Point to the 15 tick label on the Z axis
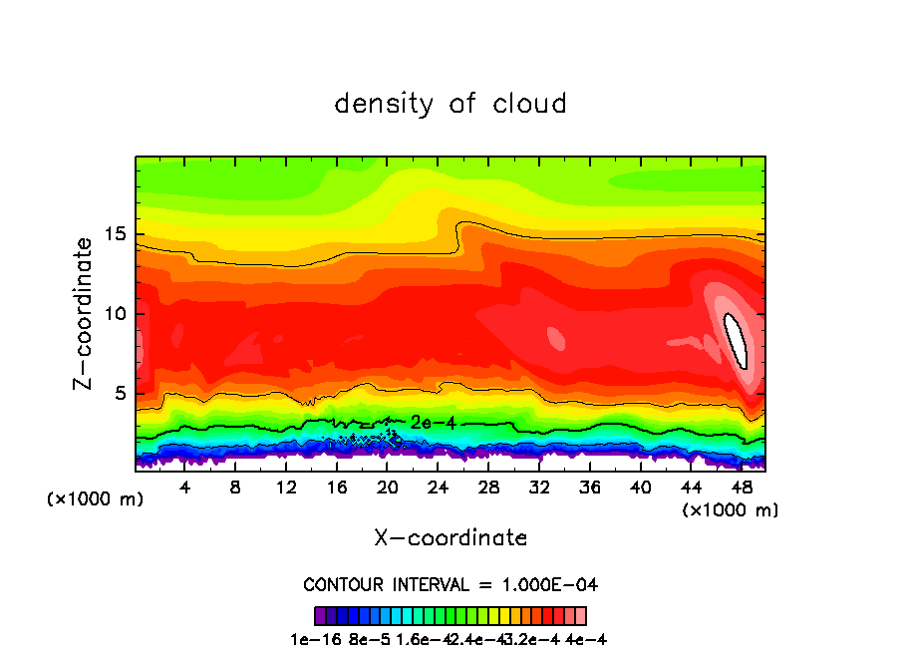pyautogui.click(x=117, y=234)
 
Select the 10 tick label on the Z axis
pyautogui.click(x=117, y=314)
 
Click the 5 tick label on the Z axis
pyautogui.click(x=123, y=394)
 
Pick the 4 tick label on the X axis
pyautogui.click(x=184, y=488)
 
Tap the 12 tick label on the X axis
pyautogui.click(x=286, y=488)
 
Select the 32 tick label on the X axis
pyautogui.click(x=539, y=488)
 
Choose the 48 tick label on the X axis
pyautogui.click(x=742, y=488)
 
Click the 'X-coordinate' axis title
pyautogui.click(x=450, y=537)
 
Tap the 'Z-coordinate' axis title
pyautogui.click(x=84, y=313)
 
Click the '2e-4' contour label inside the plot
pyautogui.click(x=433, y=423)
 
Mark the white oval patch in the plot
pyautogui.click(x=736, y=340)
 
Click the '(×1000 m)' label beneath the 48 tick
pyautogui.click(x=730, y=509)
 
